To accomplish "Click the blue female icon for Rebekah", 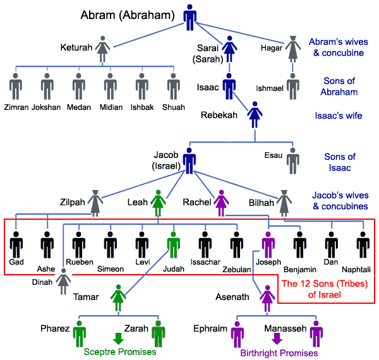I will coord(254,116).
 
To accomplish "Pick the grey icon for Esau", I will coord(292,160).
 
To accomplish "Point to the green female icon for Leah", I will coord(159,203).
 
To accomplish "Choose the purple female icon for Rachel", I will coord(221,203).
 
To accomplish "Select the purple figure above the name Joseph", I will coord(268,244).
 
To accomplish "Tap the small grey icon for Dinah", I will coord(63,281).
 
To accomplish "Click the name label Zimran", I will coord(15,107).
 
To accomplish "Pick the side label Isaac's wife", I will coord(338,116).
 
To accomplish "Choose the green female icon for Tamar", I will coord(118,297).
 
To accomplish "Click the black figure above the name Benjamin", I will coord(299,244).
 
